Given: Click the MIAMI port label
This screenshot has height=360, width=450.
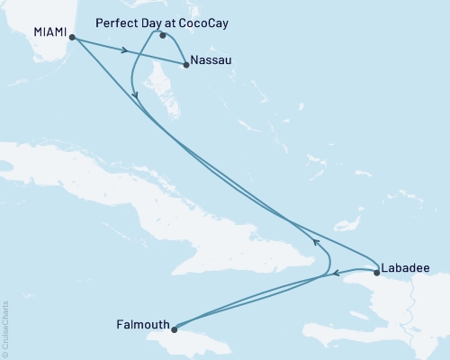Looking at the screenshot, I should click(x=49, y=31).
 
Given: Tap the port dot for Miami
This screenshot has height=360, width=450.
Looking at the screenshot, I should click(x=72, y=38).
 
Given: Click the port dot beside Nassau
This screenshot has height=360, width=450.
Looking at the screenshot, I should click(x=185, y=65).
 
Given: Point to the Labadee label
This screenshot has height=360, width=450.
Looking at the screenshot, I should click(x=404, y=267).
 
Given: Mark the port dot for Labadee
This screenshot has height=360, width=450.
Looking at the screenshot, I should click(x=376, y=271).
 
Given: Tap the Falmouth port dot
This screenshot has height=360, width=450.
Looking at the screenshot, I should click(x=175, y=328).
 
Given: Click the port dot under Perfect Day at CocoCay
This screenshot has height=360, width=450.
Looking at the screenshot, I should click(x=162, y=36).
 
